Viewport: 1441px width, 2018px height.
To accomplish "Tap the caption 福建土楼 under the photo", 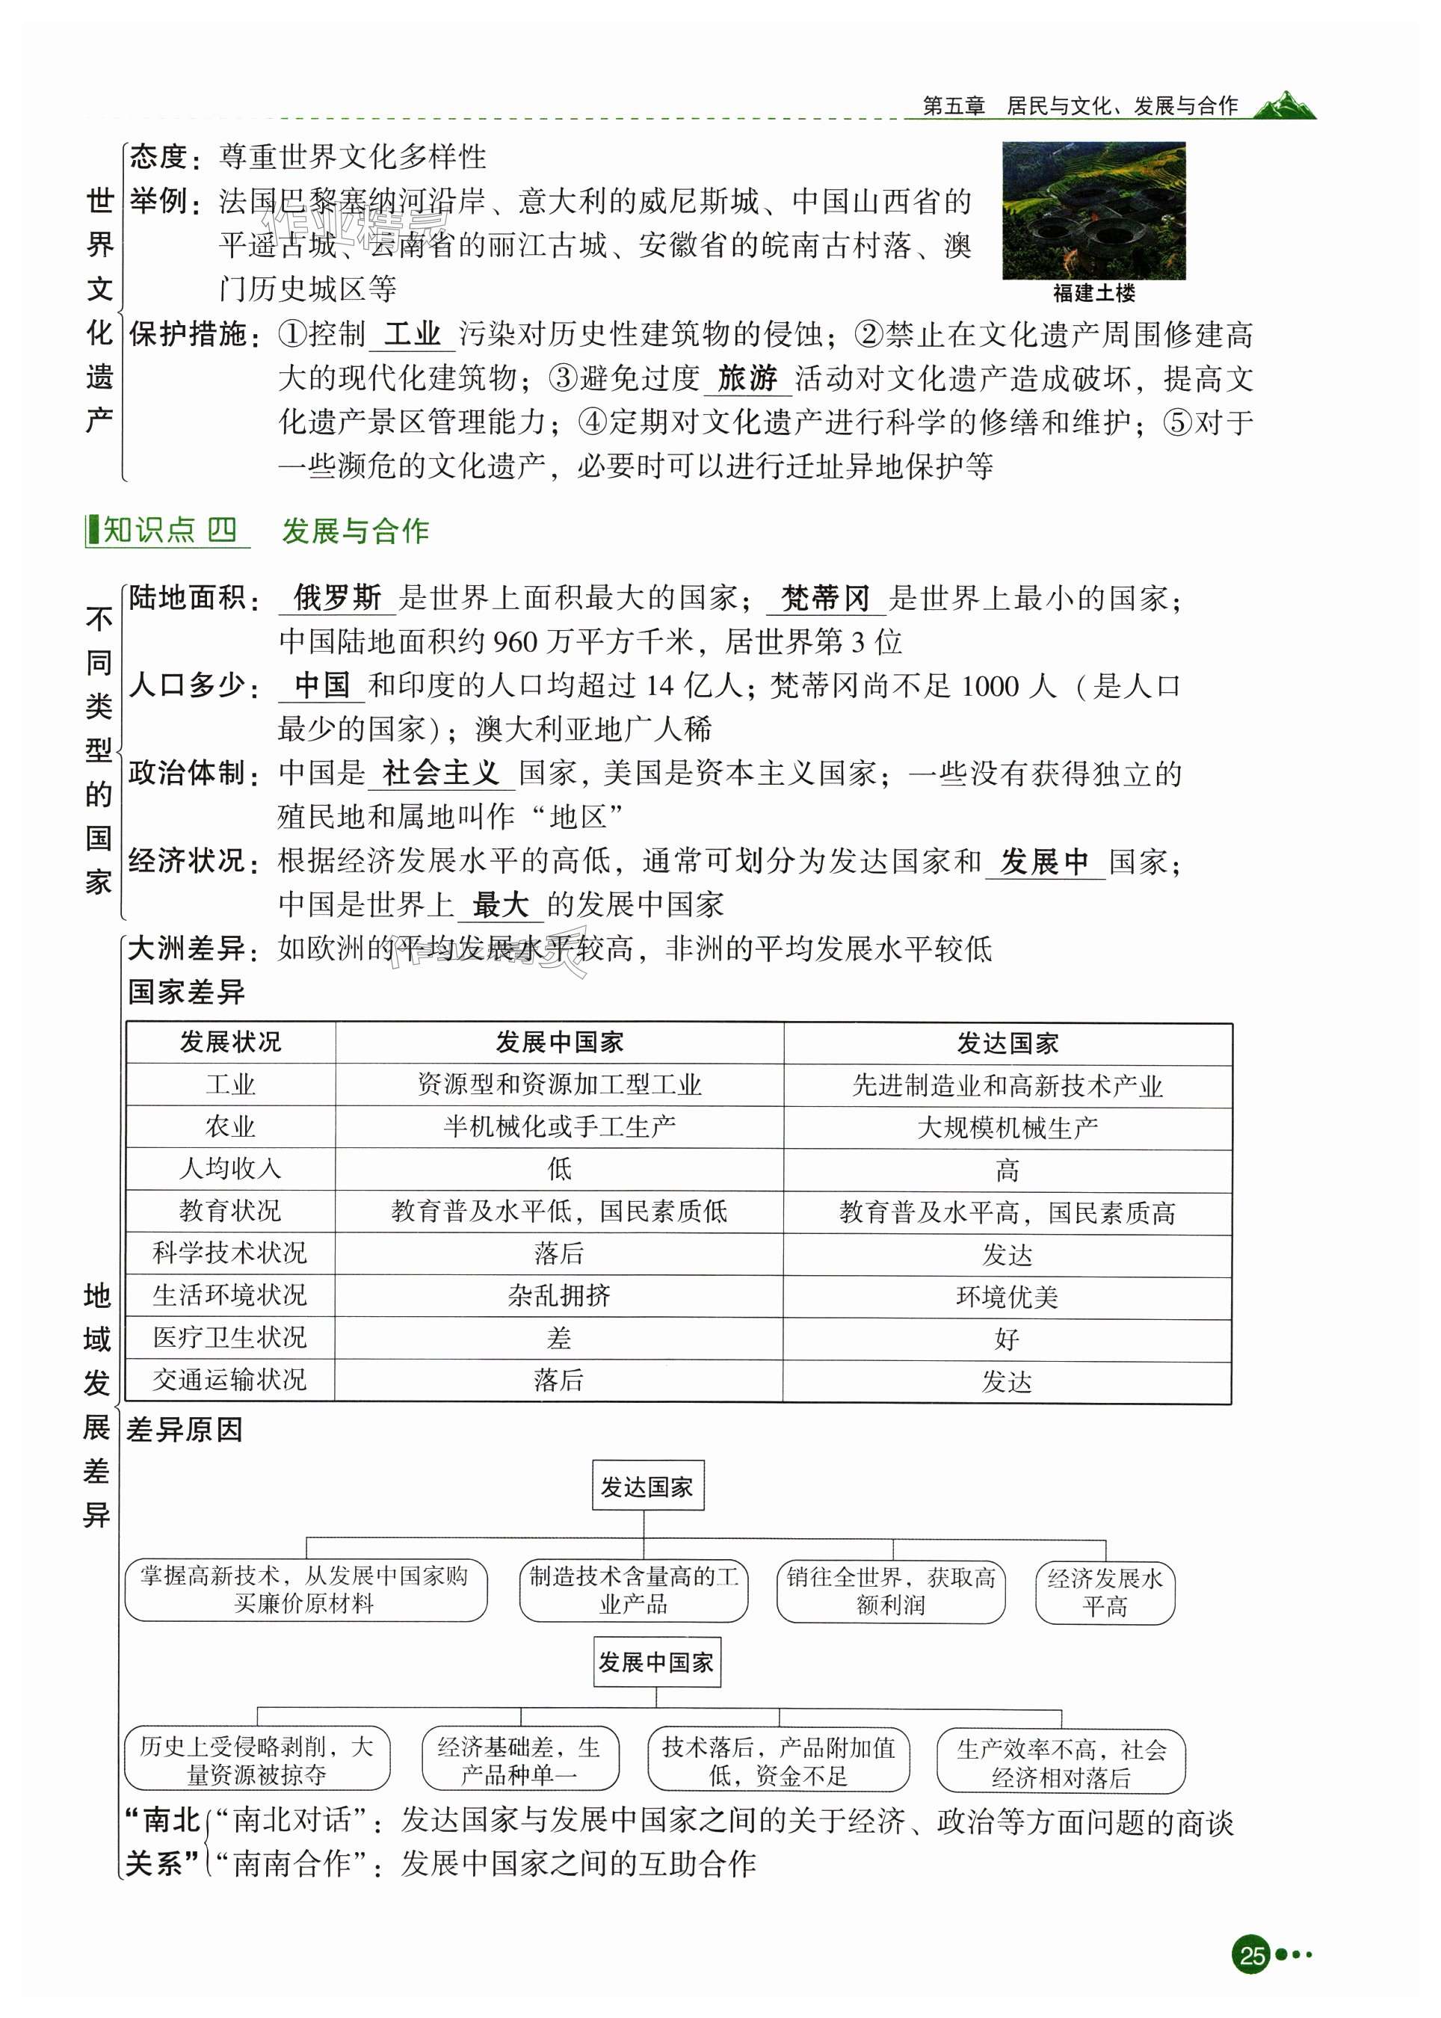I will (1093, 293).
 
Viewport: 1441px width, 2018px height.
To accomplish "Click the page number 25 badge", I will (1252, 1954).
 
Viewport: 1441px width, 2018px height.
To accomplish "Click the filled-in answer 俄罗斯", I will (337, 597).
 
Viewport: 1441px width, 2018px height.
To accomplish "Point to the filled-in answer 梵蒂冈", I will (825, 597).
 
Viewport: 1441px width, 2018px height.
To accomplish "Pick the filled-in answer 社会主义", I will (441, 772).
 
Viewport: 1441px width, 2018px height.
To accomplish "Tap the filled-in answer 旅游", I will (747, 378).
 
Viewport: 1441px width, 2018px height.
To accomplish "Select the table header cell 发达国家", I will (1007, 1043).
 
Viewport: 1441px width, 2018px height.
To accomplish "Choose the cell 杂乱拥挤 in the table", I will (559, 1296).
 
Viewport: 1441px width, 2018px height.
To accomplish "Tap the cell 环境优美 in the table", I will (1007, 1297).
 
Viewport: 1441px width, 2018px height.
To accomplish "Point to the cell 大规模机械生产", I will (1007, 1127).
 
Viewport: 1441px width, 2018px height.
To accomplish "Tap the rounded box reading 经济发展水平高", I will (1105, 1592).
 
